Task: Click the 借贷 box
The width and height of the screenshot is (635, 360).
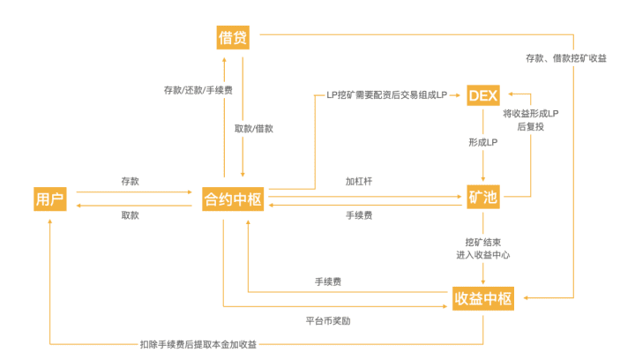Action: point(233,37)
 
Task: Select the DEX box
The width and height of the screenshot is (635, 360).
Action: point(483,94)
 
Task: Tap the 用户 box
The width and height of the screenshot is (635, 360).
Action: point(49,199)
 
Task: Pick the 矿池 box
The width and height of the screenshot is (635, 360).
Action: point(483,199)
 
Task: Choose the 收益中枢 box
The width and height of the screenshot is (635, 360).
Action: point(482,297)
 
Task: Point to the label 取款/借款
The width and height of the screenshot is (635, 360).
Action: point(254,128)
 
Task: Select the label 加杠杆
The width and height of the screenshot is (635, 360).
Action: point(357,181)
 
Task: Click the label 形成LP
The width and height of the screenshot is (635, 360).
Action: point(483,141)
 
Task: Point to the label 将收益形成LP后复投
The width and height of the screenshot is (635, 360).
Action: point(530,121)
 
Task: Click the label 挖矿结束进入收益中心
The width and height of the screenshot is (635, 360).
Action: point(482,248)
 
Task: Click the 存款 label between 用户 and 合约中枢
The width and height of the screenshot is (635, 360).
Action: point(130,181)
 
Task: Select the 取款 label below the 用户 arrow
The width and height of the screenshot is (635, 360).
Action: point(130,215)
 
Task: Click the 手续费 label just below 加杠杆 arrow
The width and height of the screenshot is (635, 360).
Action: point(357,215)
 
